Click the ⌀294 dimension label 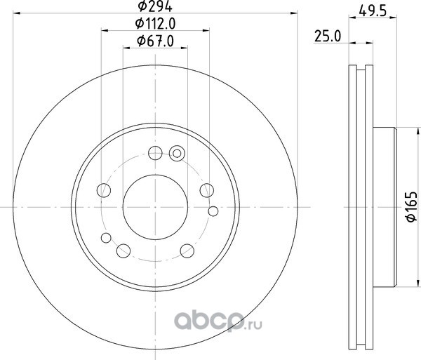coord(155,6)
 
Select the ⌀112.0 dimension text coord(155,24)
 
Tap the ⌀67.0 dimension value coord(155,41)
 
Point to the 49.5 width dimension coord(373,11)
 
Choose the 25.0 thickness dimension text coord(328,36)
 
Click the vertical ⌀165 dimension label coord(412,207)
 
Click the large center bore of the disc coord(155,207)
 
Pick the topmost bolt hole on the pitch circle coord(155,153)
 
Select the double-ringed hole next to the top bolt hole coord(177,153)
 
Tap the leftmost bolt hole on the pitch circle coord(104,190)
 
